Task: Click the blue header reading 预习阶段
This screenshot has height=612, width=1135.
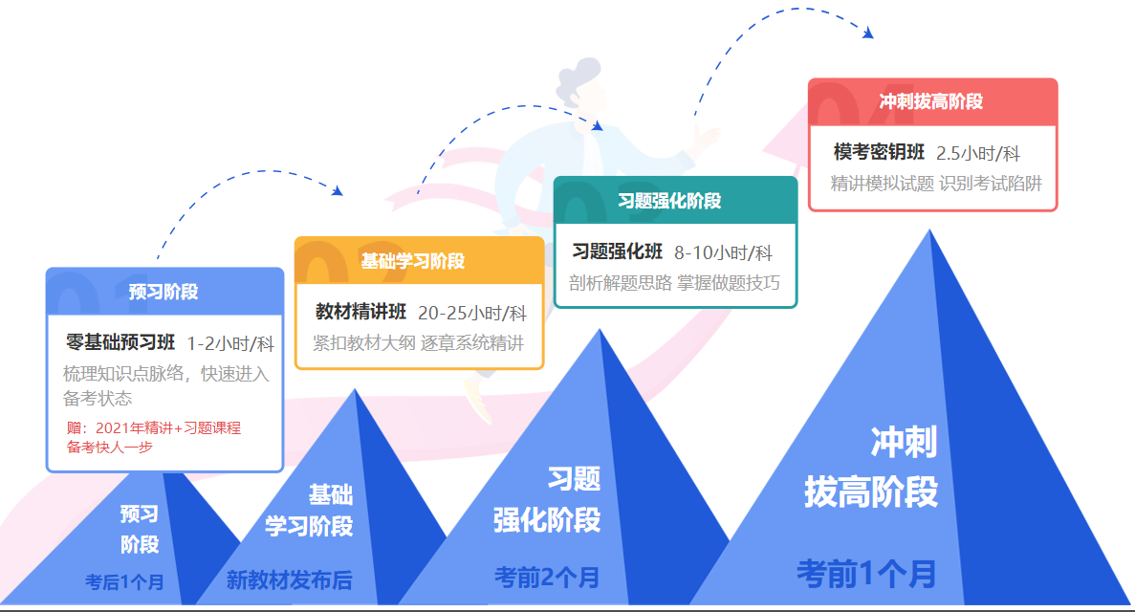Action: tap(164, 292)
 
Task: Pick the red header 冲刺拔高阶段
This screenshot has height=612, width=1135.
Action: tap(931, 101)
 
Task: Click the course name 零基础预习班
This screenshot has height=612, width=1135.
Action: tap(120, 343)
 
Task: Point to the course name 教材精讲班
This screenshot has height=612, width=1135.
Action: tap(361, 313)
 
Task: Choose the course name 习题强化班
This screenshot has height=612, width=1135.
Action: tap(618, 252)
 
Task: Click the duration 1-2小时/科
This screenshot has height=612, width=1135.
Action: tap(230, 344)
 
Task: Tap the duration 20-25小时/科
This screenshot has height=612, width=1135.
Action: tap(472, 314)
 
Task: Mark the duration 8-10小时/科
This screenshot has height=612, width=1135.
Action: tap(723, 253)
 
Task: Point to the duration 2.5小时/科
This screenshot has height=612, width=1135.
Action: tap(978, 154)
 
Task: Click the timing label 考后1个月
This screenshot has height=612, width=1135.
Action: tap(124, 581)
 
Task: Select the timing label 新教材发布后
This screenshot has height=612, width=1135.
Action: tap(289, 579)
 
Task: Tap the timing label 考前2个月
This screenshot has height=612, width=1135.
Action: tap(547, 577)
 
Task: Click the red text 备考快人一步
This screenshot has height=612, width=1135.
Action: tap(110, 447)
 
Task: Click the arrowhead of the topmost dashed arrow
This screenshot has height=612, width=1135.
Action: tap(868, 33)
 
